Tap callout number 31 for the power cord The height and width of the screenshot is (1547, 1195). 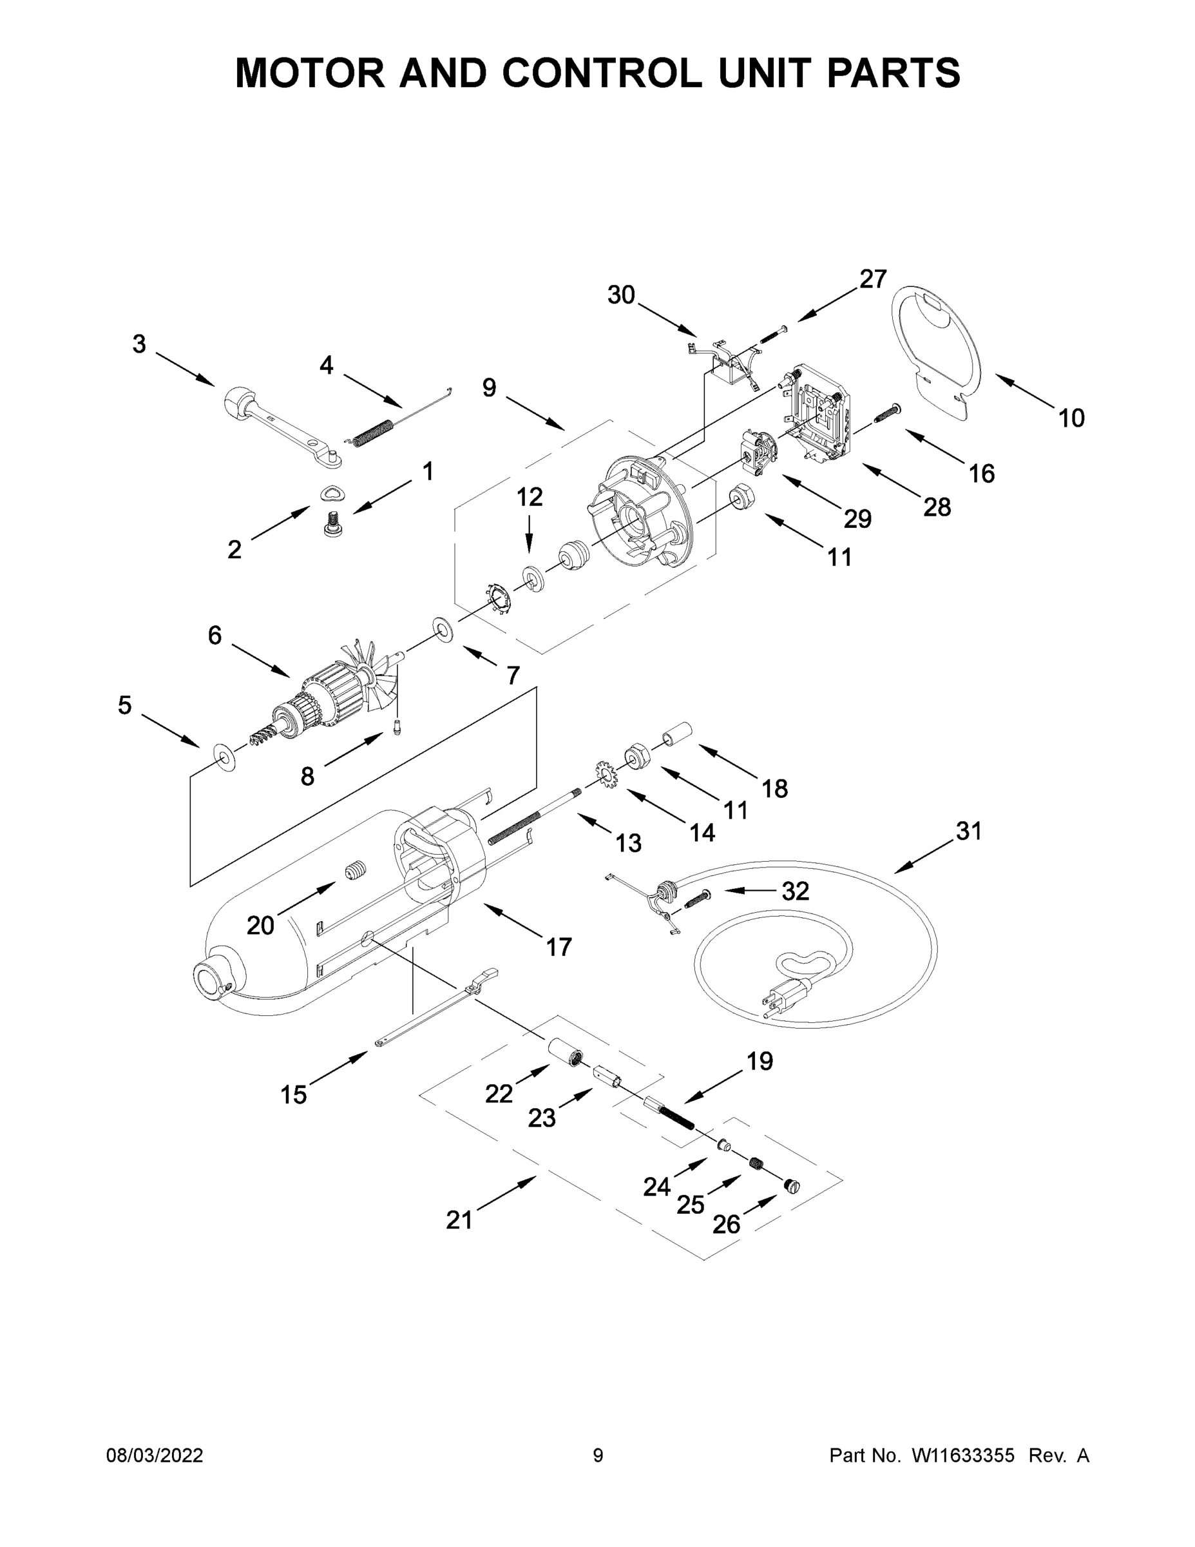968,831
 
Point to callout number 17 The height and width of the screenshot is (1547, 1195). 559,946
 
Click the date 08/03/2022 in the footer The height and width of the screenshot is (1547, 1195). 155,1455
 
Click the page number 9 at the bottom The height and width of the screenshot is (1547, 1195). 598,1455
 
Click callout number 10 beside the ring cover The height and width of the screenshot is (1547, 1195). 1071,418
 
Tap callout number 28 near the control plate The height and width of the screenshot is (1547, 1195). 937,507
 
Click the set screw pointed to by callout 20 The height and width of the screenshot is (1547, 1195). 357,871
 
